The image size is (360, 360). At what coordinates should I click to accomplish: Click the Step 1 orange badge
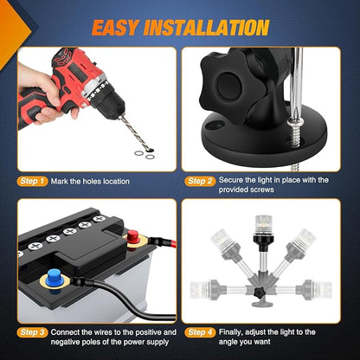pyautogui.click(x=32, y=181)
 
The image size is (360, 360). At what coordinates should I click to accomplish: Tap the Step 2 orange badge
pyautogui.click(x=200, y=181)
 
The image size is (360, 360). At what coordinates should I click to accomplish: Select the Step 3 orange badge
pyautogui.click(x=32, y=332)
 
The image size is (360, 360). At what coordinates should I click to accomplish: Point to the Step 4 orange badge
pyautogui.click(x=200, y=332)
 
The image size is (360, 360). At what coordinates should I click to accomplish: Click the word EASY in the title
pyautogui.click(x=115, y=28)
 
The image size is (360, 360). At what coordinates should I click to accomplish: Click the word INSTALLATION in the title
pyautogui.click(x=206, y=28)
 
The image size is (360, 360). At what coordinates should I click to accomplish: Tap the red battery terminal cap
pyautogui.click(x=132, y=235)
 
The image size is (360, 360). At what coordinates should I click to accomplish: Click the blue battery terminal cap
pyautogui.click(x=55, y=277)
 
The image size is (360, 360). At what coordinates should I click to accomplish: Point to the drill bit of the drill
pyautogui.click(x=136, y=132)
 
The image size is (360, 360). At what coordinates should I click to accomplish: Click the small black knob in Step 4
pyautogui.click(x=258, y=292)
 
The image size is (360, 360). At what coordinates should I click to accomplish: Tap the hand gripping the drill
pyautogui.click(x=43, y=93)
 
